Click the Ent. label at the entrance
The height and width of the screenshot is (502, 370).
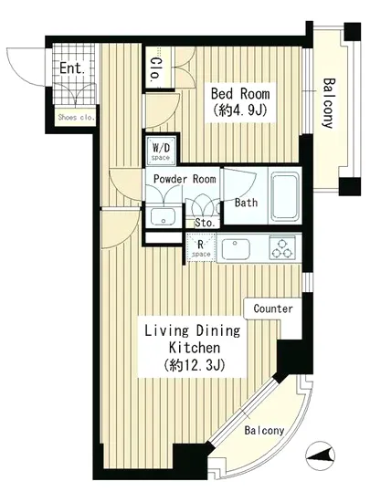72,68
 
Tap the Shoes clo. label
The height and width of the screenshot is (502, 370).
77,117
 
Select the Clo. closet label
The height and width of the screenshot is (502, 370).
156,68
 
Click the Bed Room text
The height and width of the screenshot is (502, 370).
240,93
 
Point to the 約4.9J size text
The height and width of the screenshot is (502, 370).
240,110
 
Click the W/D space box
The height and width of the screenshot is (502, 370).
161,151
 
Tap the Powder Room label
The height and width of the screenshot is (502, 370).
185,179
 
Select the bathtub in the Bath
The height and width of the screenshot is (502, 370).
285,197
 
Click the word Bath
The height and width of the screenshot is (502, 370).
246,203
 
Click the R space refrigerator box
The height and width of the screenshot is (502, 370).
201,247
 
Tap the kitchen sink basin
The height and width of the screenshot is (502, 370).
236,249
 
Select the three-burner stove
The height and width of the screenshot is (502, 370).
282,247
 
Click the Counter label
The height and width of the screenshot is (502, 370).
273,309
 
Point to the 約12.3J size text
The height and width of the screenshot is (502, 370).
195,365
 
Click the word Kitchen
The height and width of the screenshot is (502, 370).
195,348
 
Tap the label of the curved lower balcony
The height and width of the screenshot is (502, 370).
264,430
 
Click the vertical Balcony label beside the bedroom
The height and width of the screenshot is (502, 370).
329,103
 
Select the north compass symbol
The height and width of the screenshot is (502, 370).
320,455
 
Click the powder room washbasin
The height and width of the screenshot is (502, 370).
163,216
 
